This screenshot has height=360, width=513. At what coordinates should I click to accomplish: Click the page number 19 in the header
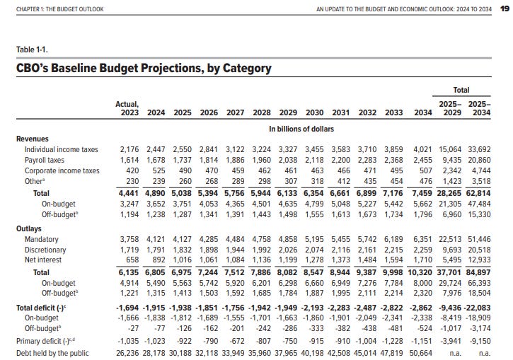tap(504, 8)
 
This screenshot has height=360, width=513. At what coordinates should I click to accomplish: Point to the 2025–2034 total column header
tap(480, 109)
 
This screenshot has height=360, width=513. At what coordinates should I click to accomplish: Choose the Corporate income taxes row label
tap(62, 170)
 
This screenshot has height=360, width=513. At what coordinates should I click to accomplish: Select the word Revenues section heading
tap(33, 139)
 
